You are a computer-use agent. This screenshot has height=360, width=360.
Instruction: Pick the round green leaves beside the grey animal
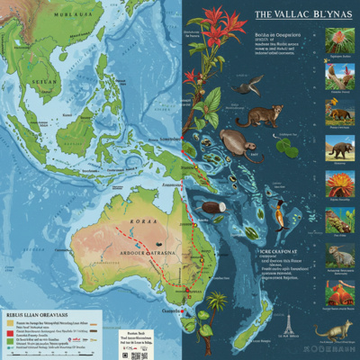click(286, 147)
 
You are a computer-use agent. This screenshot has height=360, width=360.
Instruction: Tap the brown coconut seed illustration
click(212, 207)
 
